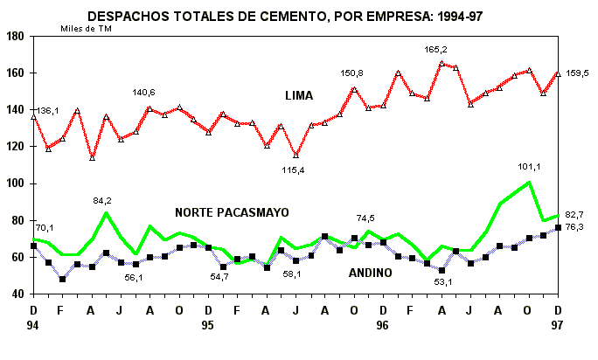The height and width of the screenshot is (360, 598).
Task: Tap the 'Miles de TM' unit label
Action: tap(86, 28)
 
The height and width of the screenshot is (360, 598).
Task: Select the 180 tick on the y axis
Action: tap(15, 36)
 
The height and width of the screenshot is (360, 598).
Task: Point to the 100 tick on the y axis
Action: tap(15, 183)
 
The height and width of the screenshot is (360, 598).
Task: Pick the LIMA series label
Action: tap(299, 94)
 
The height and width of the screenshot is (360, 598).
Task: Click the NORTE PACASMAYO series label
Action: tap(232, 212)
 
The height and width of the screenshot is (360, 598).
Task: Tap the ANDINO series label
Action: tap(371, 273)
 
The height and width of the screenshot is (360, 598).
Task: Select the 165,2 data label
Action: tap(435, 50)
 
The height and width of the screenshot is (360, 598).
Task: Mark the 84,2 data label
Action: tap(105, 200)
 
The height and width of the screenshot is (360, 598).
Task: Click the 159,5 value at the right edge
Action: tap(580, 73)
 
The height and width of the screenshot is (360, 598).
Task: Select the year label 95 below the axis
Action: tap(208, 325)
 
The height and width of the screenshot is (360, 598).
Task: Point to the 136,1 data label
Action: tap(46, 110)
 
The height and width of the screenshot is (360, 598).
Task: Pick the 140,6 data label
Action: tap(143, 93)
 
